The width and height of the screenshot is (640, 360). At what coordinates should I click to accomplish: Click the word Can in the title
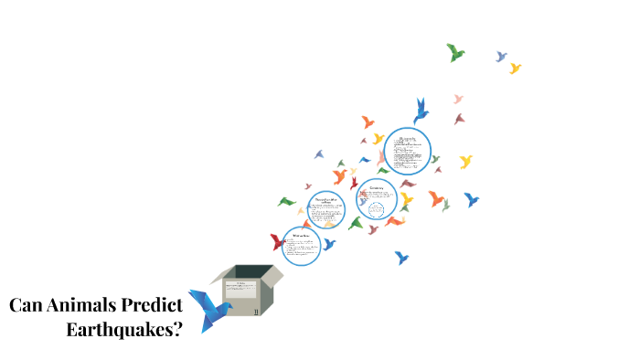28,305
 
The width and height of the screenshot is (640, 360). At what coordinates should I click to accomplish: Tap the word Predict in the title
152,306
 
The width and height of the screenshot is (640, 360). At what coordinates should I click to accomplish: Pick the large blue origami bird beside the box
208,309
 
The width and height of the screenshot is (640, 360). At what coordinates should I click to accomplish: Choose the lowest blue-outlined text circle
301,246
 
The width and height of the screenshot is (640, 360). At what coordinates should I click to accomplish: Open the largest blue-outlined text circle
407,150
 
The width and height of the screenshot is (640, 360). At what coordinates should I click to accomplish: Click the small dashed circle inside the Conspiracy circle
376,209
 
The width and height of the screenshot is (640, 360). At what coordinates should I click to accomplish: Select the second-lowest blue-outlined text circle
325,208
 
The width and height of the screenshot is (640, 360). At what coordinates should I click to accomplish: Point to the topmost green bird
454,52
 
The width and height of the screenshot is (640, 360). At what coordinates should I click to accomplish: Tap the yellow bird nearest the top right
515,68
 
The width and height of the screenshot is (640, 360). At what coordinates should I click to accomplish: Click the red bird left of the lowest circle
277,242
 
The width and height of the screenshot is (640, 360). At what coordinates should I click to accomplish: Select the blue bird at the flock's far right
471,199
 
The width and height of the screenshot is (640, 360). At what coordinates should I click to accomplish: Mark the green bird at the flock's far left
287,201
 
